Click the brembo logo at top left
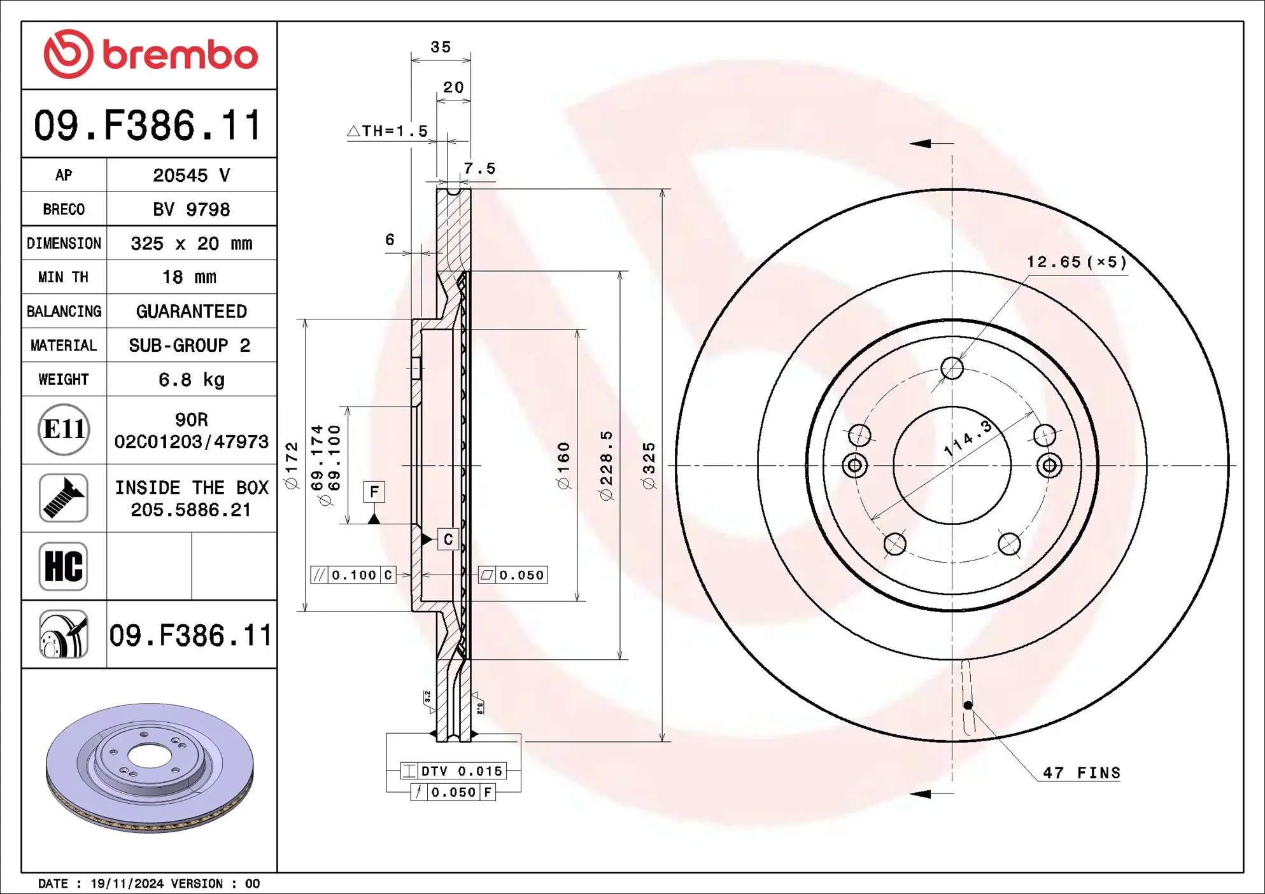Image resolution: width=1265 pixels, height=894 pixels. click(150, 55)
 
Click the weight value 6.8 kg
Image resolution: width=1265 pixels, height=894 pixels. click(191, 380)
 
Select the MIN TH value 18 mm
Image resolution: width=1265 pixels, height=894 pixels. click(189, 277)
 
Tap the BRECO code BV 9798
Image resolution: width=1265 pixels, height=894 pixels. click(191, 209)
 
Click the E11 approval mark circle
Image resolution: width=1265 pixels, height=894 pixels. click(64, 430)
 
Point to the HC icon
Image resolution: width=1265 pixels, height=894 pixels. click(63, 566)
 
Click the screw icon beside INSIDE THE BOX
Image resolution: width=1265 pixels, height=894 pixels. click(63, 498)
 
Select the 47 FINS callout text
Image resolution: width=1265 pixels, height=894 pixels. click(1081, 773)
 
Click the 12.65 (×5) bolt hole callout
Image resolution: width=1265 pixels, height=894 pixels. click(1076, 262)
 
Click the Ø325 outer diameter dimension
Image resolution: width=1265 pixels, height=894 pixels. click(649, 466)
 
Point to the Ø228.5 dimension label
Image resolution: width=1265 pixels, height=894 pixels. click(606, 466)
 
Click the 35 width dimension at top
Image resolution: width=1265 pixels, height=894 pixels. click(441, 47)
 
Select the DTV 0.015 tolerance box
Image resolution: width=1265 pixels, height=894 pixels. click(453, 771)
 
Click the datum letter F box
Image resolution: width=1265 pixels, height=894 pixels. click(374, 492)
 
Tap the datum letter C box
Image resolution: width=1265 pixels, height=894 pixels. click(448, 540)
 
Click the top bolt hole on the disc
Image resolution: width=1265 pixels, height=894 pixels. click(952, 368)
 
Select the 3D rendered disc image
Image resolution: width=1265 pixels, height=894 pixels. click(150, 767)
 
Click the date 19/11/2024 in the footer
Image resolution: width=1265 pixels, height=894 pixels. click(127, 884)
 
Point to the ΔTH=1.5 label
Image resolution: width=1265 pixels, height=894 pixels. click(387, 131)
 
